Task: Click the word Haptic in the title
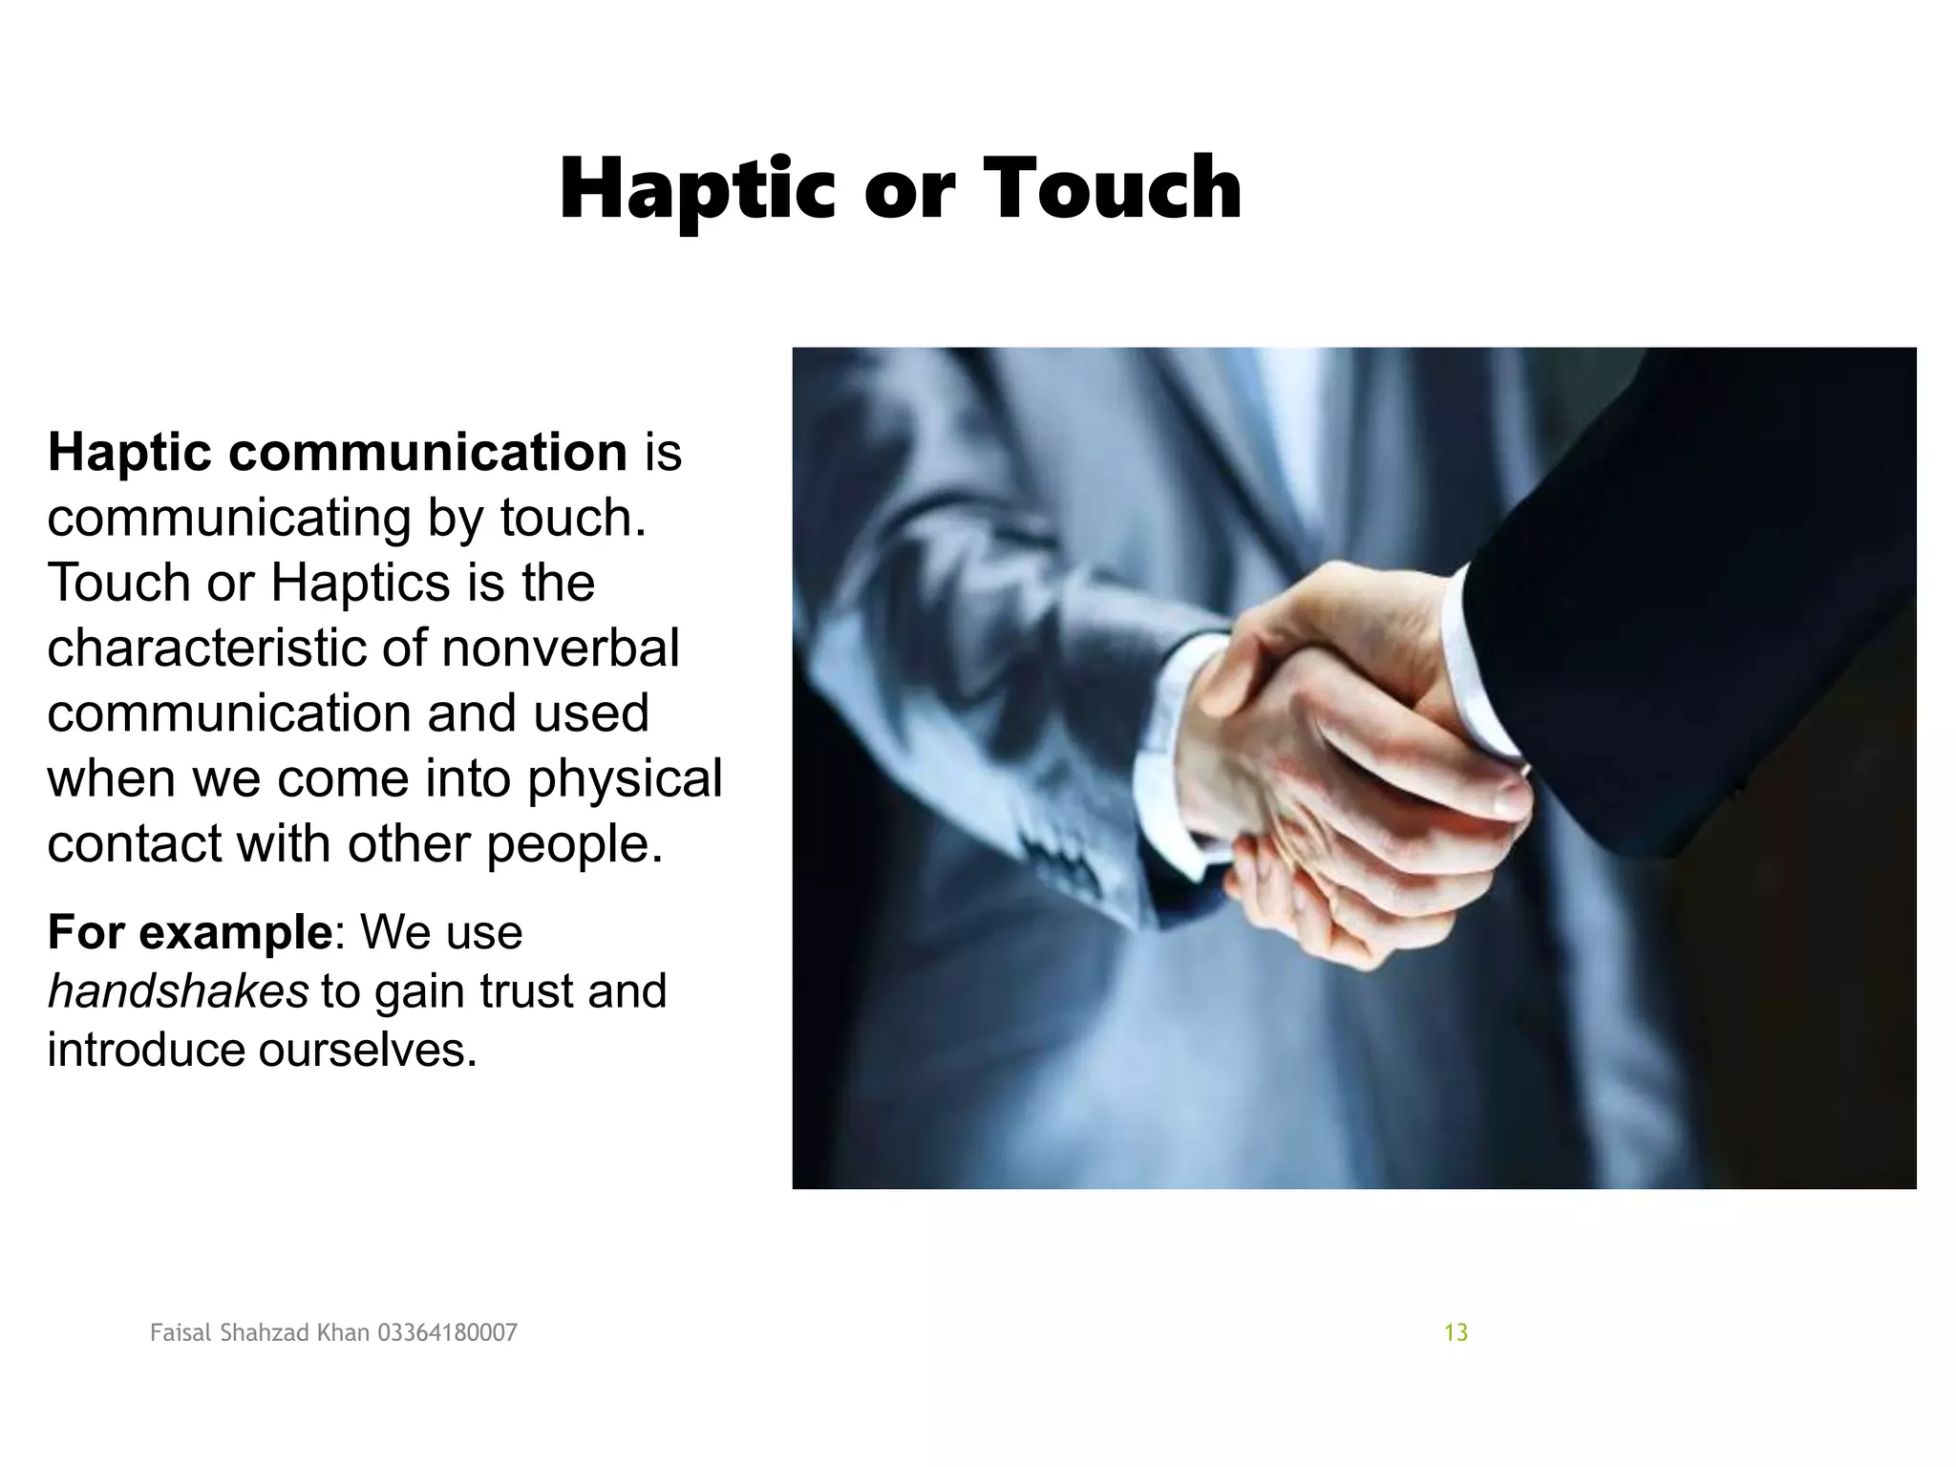697,190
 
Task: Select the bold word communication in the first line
427,452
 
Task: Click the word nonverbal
561,648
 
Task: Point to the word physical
625,778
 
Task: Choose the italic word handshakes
178,990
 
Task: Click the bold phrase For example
189,931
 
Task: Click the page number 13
1456,1332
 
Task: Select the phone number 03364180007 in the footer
448,1332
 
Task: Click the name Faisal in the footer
181,1332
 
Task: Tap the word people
573,844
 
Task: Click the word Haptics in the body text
360,583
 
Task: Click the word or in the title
908,190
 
